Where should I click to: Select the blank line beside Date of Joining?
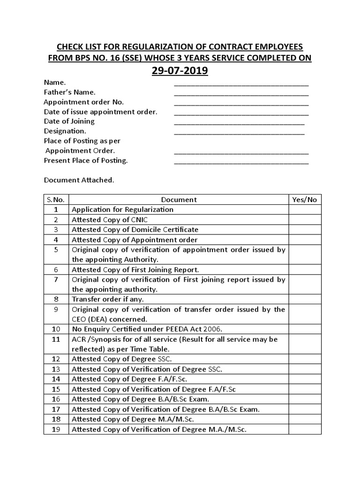coord(239,123)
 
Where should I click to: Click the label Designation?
coord(65,131)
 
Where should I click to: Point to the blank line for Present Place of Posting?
coord(241,163)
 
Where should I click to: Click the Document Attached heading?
coord(79,180)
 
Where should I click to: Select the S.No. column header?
coord(56,199)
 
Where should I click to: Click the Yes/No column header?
coord(304,199)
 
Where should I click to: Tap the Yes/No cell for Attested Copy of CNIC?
coord(304,219)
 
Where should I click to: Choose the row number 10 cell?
coord(56,329)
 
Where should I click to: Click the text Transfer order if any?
coord(108,299)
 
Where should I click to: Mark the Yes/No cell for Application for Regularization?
coord(304,210)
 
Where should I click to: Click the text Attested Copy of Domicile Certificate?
coord(135,230)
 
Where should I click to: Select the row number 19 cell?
coord(56,429)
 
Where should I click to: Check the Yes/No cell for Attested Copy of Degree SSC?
coord(304,359)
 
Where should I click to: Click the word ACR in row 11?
coord(78,339)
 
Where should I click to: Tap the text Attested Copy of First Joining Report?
coord(135,270)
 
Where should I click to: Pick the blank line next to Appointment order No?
coord(241,104)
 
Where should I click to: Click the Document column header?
coord(179,199)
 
